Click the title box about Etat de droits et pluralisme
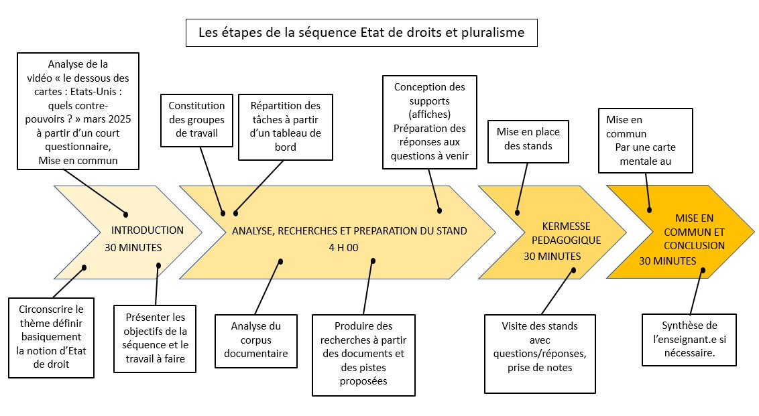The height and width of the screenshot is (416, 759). click(x=361, y=32)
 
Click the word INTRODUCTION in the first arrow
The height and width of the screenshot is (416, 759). click(x=147, y=230)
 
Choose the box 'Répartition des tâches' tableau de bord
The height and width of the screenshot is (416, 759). click(x=285, y=127)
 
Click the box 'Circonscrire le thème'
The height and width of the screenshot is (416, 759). click(x=52, y=337)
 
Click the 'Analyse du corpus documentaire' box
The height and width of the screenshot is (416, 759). click(x=255, y=340)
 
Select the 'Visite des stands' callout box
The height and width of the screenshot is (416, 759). click(x=539, y=353)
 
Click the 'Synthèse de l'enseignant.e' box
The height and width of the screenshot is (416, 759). click(x=689, y=340)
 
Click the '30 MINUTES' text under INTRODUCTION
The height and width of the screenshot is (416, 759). click(x=133, y=248)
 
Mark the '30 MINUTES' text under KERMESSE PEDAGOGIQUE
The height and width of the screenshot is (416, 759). click(x=552, y=257)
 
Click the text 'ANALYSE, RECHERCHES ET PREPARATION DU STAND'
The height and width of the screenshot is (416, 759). click(x=349, y=231)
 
